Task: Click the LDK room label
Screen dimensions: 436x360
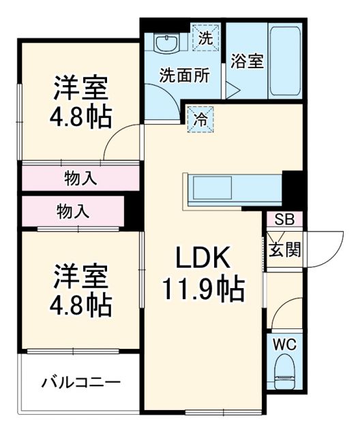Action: pos(202,258)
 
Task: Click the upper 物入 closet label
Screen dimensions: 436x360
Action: pos(80,178)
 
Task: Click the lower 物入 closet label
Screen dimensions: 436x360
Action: pos(72,212)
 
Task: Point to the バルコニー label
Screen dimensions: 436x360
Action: pos(80,381)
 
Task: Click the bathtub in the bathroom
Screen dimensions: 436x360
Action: pos(286,61)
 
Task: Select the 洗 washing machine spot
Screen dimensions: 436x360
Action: pos(205,37)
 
